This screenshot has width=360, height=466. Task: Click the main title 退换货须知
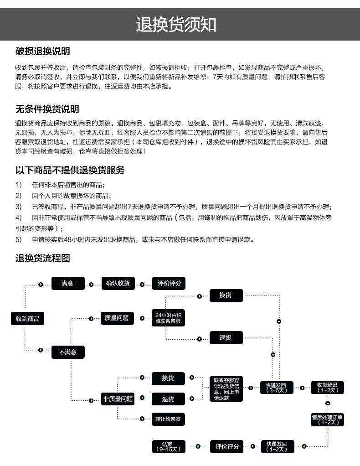(176, 25)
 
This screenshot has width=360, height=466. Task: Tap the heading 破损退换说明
(42, 51)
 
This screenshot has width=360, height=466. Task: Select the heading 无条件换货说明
(47, 109)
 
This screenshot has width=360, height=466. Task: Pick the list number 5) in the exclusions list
(19, 239)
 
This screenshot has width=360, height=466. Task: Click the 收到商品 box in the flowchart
(28, 318)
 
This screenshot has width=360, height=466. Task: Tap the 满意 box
(68, 283)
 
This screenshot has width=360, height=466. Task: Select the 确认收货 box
(118, 283)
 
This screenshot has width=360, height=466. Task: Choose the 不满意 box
(68, 352)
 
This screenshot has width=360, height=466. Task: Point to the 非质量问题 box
(118, 399)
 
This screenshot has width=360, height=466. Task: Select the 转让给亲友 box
(168, 418)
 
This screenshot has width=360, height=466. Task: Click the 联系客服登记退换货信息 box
(226, 388)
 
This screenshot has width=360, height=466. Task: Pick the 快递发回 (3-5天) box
(277, 388)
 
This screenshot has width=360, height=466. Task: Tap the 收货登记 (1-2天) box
(327, 388)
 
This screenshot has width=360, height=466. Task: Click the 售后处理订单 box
(327, 419)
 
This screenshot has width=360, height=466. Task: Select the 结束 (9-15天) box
(168, 447)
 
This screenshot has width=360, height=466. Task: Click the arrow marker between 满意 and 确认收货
(91, 284)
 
